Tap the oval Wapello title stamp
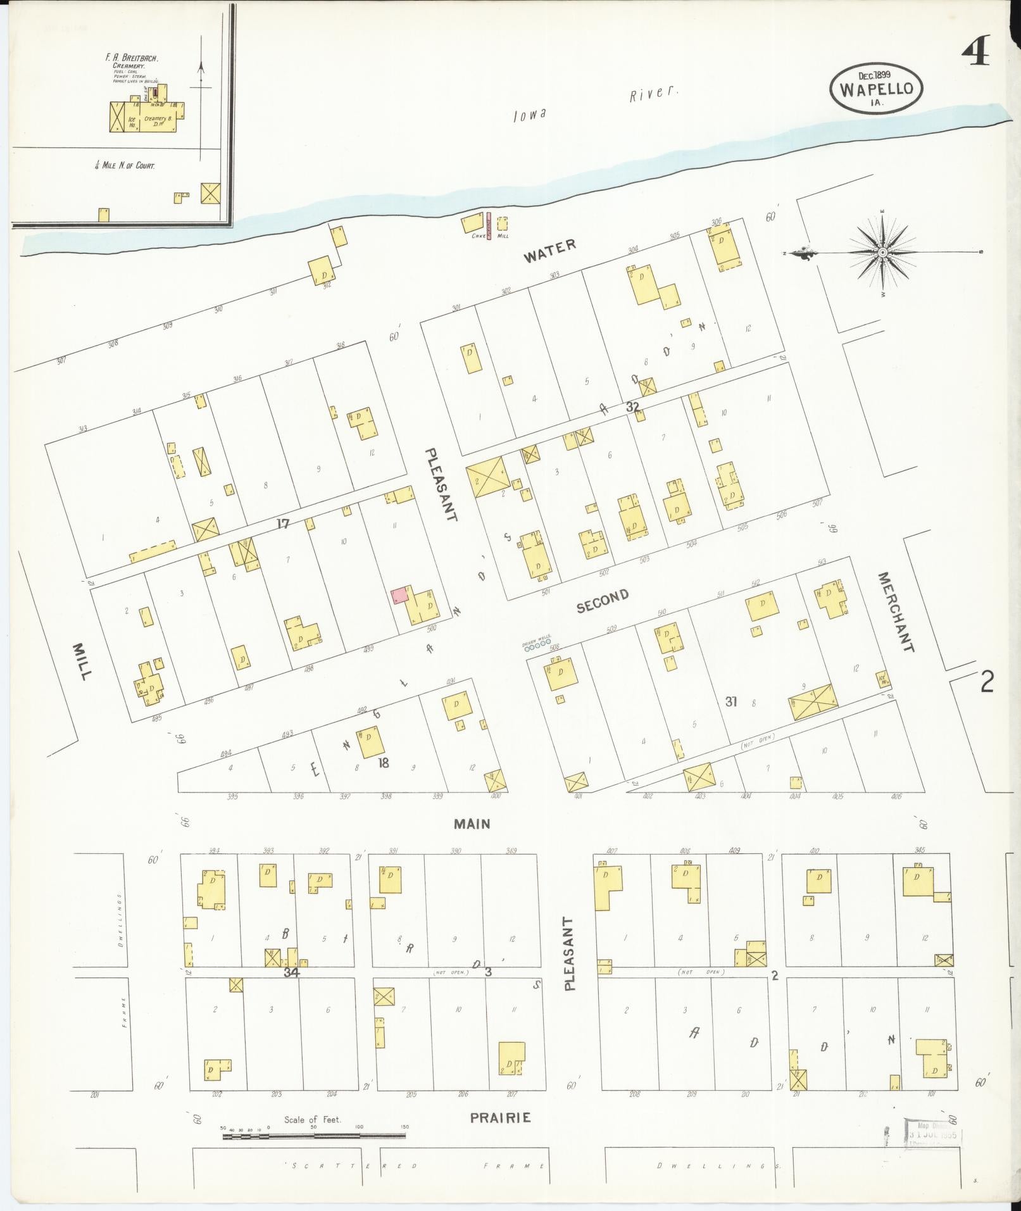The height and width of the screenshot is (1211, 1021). click(x=876, y=89)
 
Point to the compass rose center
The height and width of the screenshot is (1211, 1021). click(x=882, y=253)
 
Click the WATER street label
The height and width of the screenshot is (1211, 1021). click(x=550, y=249)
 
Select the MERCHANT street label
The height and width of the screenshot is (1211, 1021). click(x=895, y=612)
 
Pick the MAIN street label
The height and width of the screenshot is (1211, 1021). click(x=472, y=824)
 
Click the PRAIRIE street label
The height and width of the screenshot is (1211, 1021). click(x=500, y=1118)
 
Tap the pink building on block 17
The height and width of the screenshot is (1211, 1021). click(x=399, y=596)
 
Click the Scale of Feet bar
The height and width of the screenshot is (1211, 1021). click(x=314, y=1136)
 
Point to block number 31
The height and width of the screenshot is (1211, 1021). click(x=732, y=701)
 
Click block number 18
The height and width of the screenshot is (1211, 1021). click(x=383, y=763)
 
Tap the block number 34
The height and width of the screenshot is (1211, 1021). click(x=291, y=972)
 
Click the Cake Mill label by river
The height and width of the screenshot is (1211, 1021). click(x=489, y=236)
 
